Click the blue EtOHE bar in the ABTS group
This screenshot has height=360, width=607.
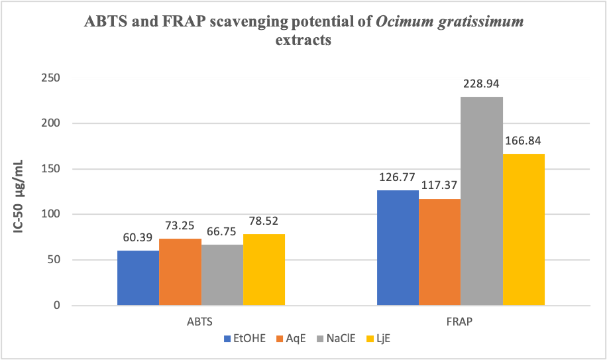pos(138,278)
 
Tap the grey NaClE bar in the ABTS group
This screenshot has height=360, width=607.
pos(222,275)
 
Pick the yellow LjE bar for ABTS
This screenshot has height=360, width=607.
pos(264,269)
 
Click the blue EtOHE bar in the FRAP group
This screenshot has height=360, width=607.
pos(398,248)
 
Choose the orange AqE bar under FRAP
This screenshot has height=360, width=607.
pos(439,252)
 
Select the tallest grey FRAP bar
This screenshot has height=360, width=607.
pos(482,201)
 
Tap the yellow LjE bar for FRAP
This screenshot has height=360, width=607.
pos(524,229)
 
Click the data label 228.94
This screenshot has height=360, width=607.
pos(482,85)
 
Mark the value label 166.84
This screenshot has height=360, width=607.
pos(524,142)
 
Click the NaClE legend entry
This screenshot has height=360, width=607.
pos(335,339)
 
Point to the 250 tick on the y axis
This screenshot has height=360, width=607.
pos(51,78)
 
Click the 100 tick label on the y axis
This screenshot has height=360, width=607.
pos(51,214)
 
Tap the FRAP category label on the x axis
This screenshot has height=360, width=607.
pos(461,322)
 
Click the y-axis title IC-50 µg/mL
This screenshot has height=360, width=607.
pos(22,192)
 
